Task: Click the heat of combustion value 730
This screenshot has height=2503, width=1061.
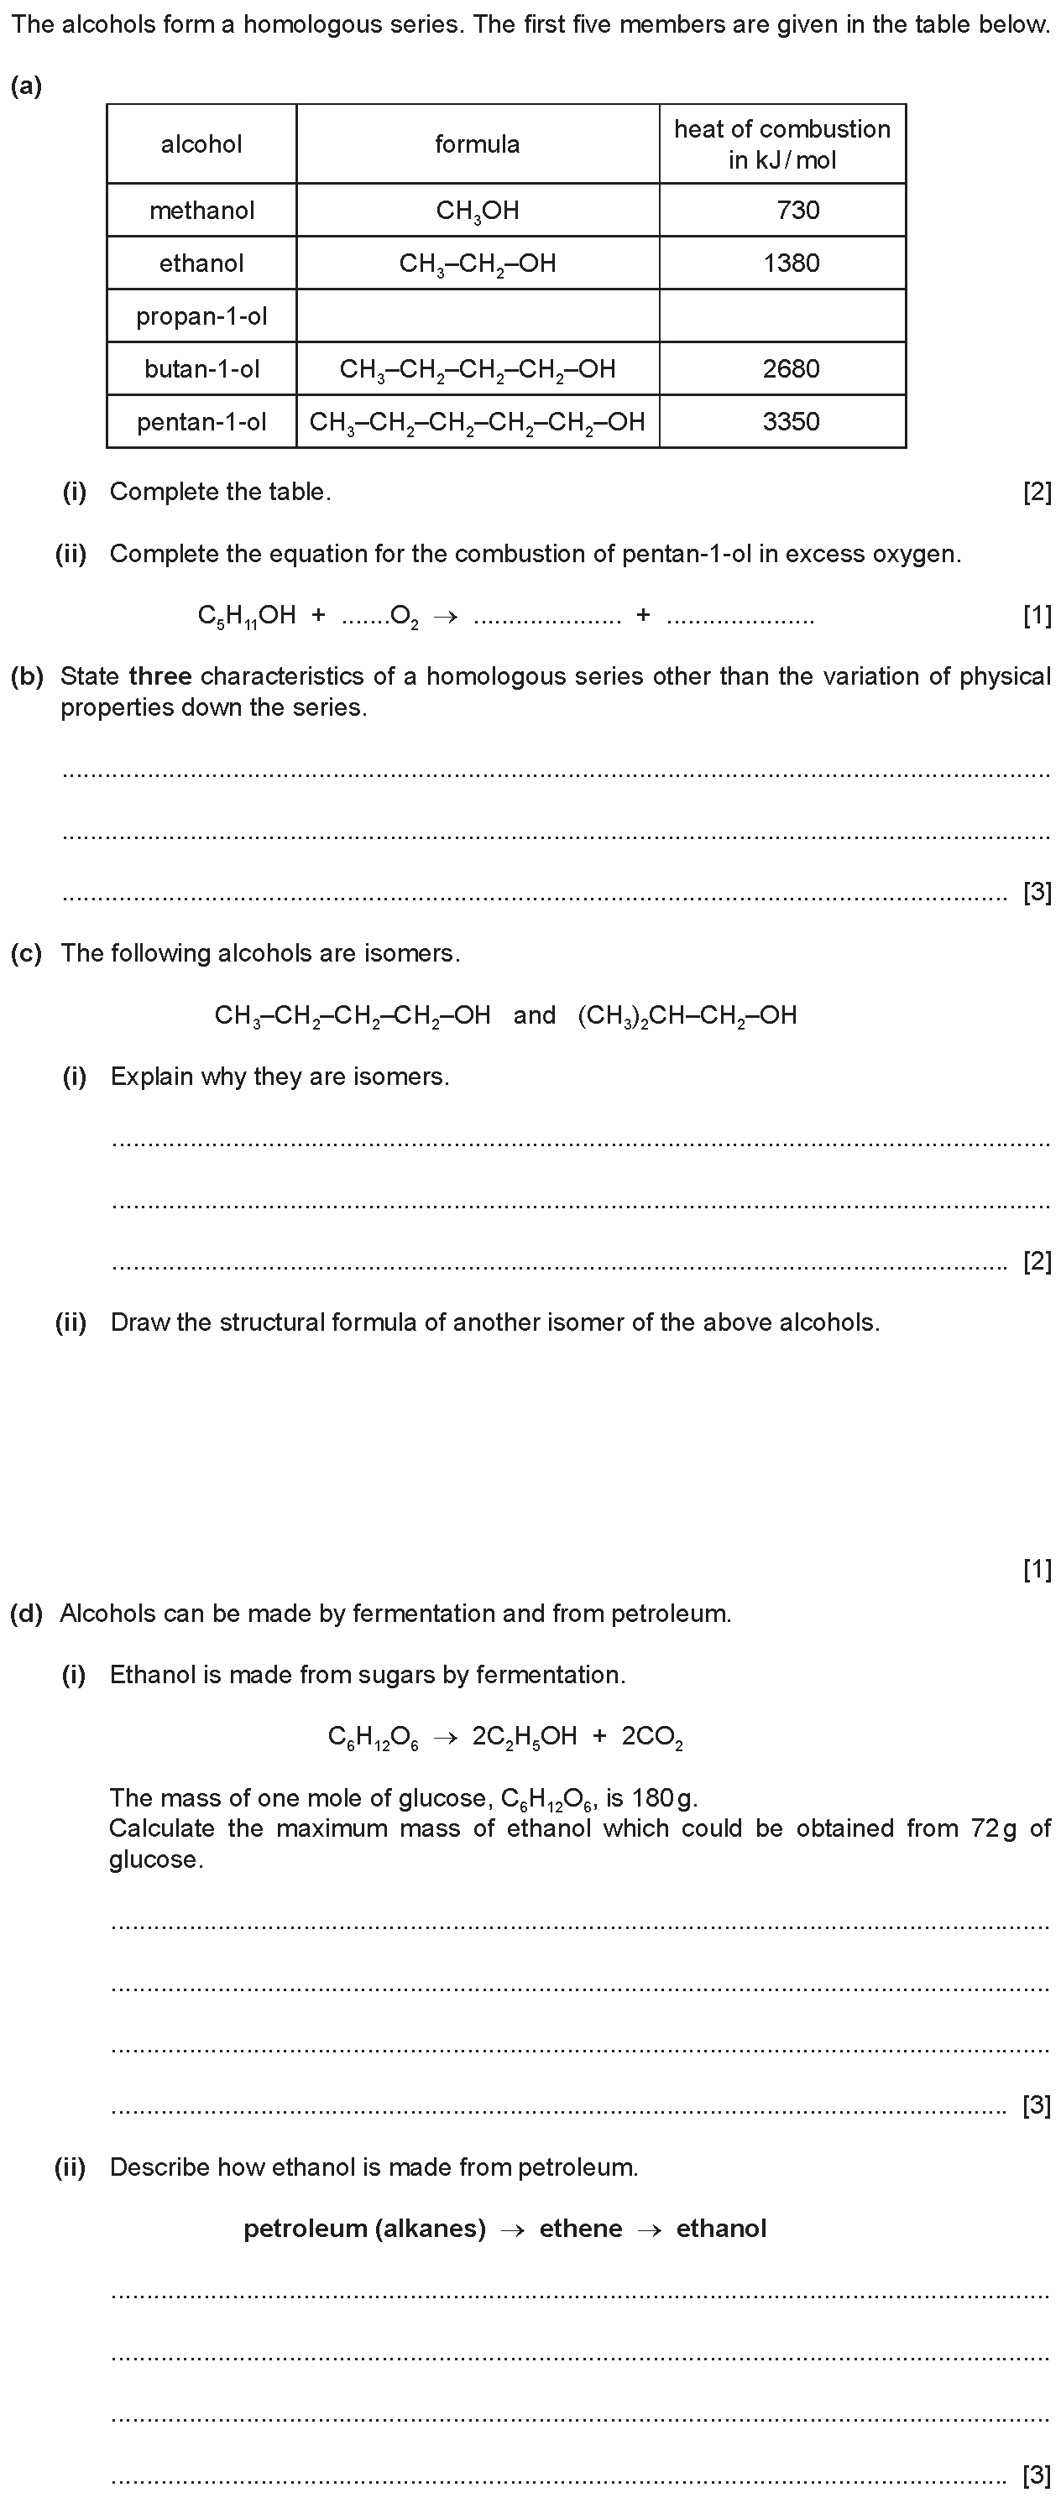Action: coord(797,210)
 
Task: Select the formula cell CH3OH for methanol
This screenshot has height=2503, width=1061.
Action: coord(477,211)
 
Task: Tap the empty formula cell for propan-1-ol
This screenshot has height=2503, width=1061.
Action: coord(477,315)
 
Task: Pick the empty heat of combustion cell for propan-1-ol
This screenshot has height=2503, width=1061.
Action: coord(782,315)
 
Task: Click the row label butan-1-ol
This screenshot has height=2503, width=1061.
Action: coord(202,369)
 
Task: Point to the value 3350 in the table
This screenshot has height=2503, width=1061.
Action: coord(791,422)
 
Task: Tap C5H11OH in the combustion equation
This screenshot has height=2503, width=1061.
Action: coord(247,616)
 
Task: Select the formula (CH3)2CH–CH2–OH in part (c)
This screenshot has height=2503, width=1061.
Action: coord(687,1016)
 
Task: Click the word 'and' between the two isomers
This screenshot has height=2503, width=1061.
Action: coord(535,1015)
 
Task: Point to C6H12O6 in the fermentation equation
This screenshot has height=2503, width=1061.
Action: coord(372,1737)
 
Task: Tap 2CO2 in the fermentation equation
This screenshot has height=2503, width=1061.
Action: coord(652,1737)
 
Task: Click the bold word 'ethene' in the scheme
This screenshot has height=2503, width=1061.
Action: coord(580,2228)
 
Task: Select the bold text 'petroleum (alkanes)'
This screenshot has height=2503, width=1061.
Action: coord(364,2228)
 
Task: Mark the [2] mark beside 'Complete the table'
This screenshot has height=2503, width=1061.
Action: coord(1037,493)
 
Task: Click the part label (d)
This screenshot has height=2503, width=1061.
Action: coord(26,1614)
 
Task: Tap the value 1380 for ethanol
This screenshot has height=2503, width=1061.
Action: coord(791,263)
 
